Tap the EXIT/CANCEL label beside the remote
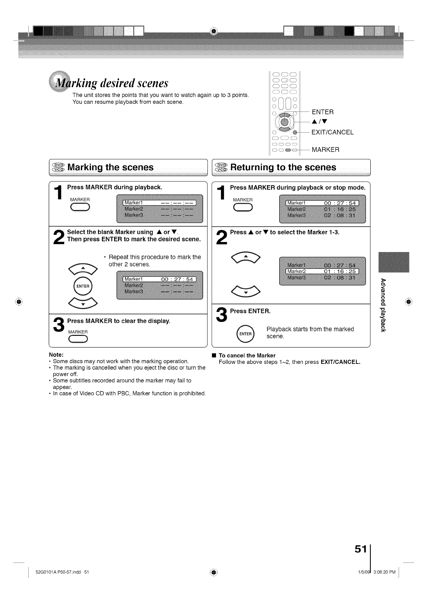pyautogui.click(x=332, y=132)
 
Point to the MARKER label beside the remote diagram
pyautogui.click(x=325, y=149)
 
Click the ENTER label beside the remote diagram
pyautogui.click(x=323, y=112)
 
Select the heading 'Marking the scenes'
pyautogui.click(x=110, y=167)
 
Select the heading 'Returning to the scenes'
pyautogui.click(x=283, y=167)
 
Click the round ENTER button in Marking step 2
pyautogui.click(x=83, y=286)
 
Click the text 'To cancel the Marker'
pyautogui.click(x=247, y=355)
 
